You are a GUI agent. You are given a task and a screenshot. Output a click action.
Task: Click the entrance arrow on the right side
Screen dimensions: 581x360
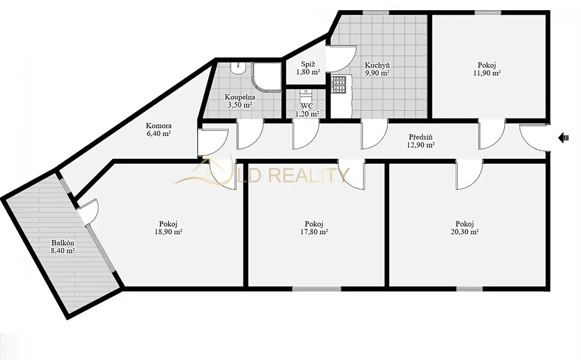[x=563, y=138]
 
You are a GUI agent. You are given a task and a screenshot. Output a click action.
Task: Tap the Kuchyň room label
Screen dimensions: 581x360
[x=377, y=65]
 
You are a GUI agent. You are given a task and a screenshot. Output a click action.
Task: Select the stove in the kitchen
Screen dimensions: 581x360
[x=338, y=85]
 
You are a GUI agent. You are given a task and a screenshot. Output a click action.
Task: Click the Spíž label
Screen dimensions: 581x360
[x=308, y=63]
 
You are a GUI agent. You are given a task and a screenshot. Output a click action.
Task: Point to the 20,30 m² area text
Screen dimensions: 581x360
[x=465, y=232]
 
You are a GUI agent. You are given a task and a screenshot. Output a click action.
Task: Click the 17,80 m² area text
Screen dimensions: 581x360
[x=314, y=232]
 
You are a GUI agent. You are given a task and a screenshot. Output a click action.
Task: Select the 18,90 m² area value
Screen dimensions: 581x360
[x=168, y=232]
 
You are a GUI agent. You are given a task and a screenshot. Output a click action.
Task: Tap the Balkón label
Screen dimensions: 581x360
[x=62, y=243]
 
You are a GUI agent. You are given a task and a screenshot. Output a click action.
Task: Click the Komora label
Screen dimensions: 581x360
[x=159, y=125]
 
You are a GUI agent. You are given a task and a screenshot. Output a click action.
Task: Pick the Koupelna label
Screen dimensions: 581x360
[x=240, y=97]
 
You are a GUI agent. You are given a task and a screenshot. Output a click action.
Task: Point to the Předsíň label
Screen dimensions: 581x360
[x=420, y=137]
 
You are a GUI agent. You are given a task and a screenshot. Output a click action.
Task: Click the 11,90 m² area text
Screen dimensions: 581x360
[x=487, y=73]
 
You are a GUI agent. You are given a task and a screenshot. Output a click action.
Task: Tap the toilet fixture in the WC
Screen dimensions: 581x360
[x=306, y=94]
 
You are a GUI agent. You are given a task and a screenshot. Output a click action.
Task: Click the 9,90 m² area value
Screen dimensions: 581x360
[x=377, y=73]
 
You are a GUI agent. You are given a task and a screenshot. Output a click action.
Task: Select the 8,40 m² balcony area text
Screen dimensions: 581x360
[x=62, y=251]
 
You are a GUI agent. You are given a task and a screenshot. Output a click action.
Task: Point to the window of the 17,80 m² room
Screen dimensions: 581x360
[x=317, y=289]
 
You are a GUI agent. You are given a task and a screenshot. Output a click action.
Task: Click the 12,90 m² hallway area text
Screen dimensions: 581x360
[x=420, y=145]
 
